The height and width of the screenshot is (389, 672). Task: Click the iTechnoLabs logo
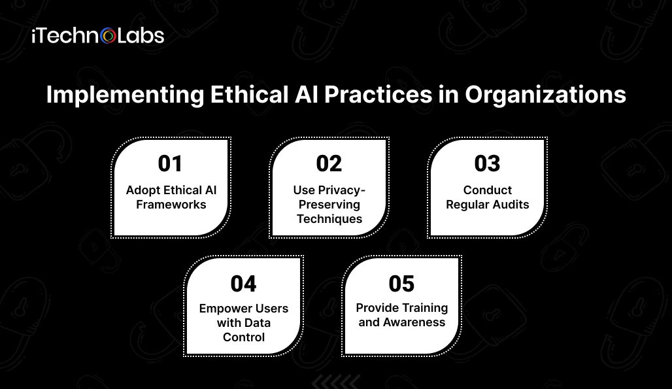[97, 36]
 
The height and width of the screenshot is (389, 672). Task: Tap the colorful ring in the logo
[109, 37]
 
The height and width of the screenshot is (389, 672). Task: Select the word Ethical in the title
[250, 94]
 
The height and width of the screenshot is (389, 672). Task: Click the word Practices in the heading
[378, 94]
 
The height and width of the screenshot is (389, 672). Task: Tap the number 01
[170, 163]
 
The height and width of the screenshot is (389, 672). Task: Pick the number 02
[329, 163]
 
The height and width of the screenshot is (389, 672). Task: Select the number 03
[487, 163]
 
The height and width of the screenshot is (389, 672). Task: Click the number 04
[243, 284]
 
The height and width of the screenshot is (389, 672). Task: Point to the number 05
[401, 284]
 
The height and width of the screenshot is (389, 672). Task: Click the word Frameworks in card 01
[171, 205]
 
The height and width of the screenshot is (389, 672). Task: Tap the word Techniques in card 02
[329, 219]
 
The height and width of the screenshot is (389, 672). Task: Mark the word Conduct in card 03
[488, 190]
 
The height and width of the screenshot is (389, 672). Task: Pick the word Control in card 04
[244, 337]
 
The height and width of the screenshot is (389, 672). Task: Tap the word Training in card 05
[425, 308]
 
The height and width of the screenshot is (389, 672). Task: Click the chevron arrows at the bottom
[336, 381]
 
